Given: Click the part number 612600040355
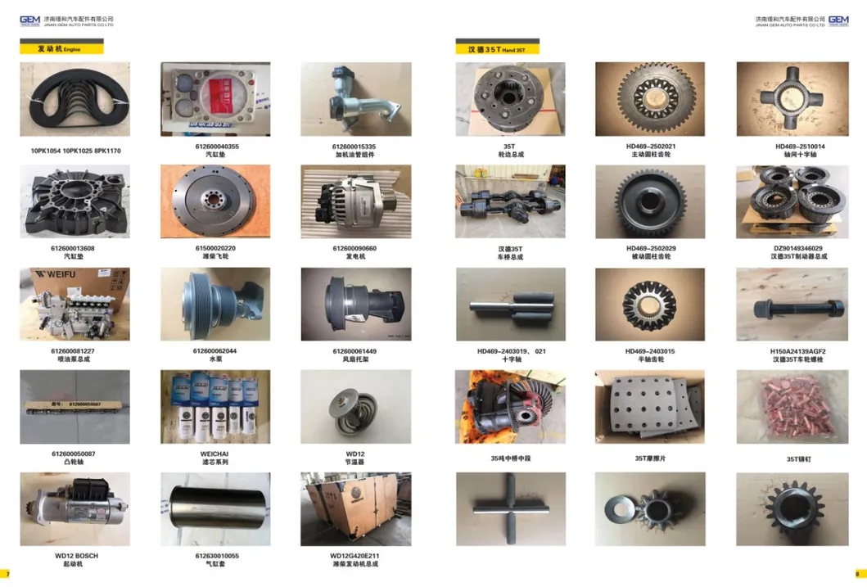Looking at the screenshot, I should (216, 147).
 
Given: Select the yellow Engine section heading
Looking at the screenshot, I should (62, 49).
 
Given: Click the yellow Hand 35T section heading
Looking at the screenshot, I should (498, 49).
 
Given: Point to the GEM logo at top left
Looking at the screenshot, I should (30, 20).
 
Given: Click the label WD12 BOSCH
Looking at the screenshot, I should (76, 556).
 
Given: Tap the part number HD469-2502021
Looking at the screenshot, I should (650, 147).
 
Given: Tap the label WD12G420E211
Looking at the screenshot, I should (355, 556).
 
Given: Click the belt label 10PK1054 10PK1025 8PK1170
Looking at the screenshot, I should (75, 151).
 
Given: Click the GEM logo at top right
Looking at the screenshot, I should (838, 20).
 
